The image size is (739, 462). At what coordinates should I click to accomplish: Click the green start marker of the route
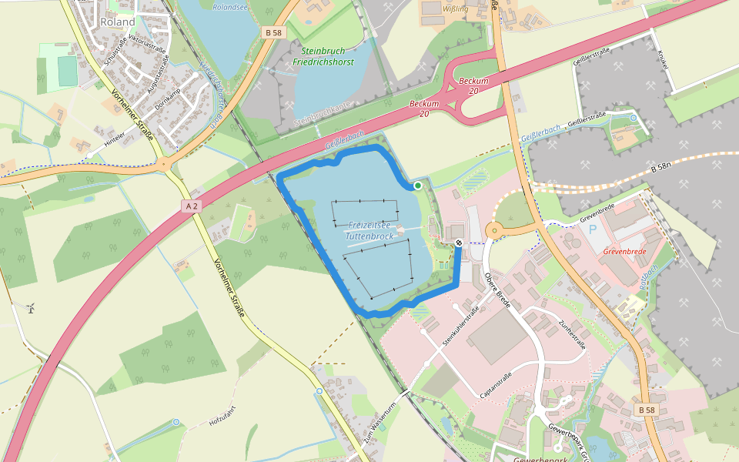417,186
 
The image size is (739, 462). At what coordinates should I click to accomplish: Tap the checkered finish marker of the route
459,243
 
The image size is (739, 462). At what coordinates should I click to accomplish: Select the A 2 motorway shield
192,206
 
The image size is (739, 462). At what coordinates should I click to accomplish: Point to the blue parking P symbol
592,229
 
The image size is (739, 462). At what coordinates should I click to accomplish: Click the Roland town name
117,22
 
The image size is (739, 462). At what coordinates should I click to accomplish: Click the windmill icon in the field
31,309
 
